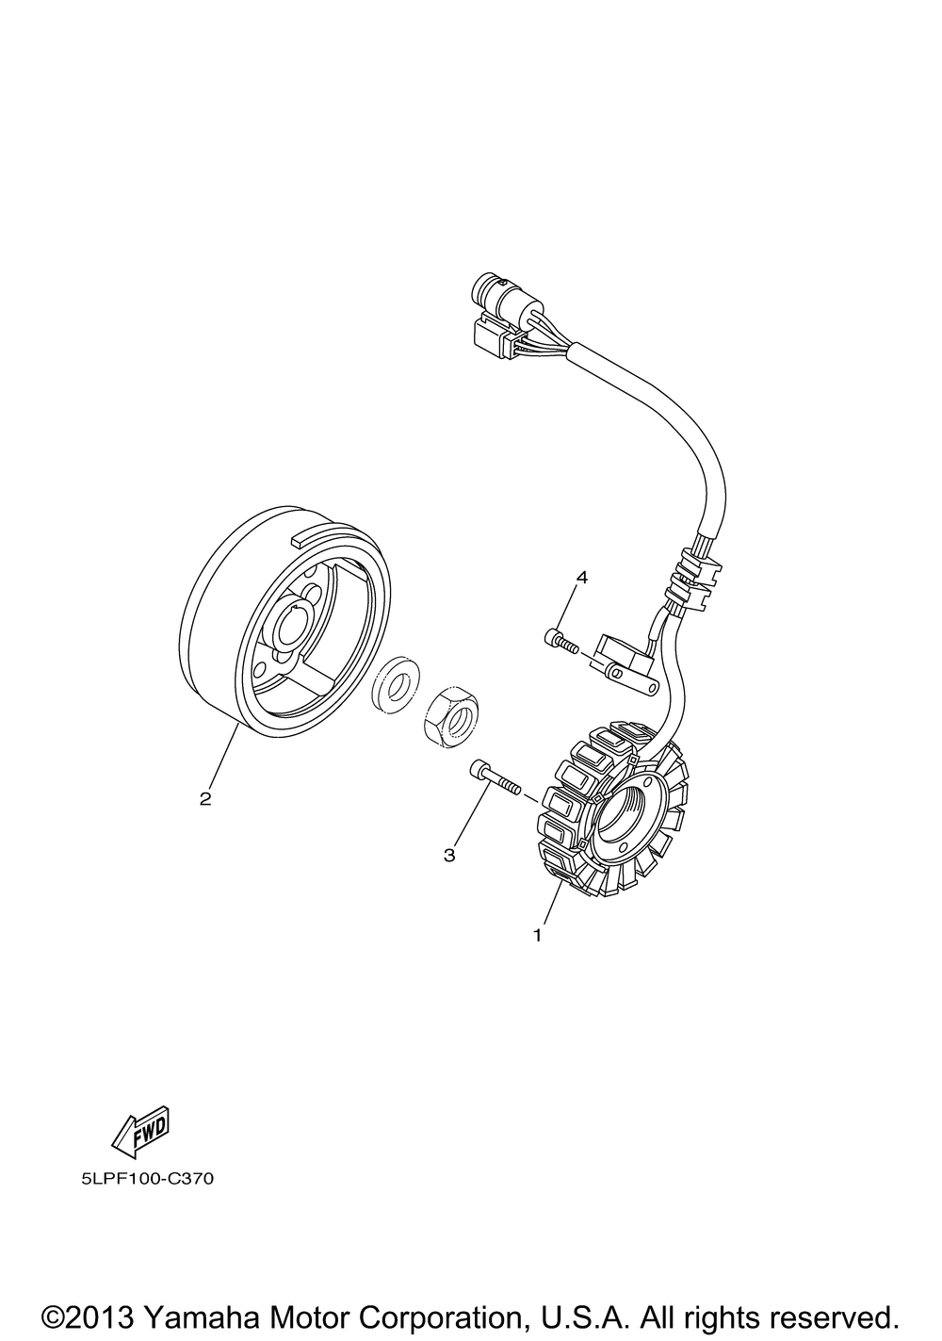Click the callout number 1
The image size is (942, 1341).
(538, 935)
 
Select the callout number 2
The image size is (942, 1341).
(205, 798)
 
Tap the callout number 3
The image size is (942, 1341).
(448, 856)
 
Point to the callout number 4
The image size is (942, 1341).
(581, 577)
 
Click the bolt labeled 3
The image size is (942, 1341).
(495, 779)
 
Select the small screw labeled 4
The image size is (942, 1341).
(561, 641)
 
